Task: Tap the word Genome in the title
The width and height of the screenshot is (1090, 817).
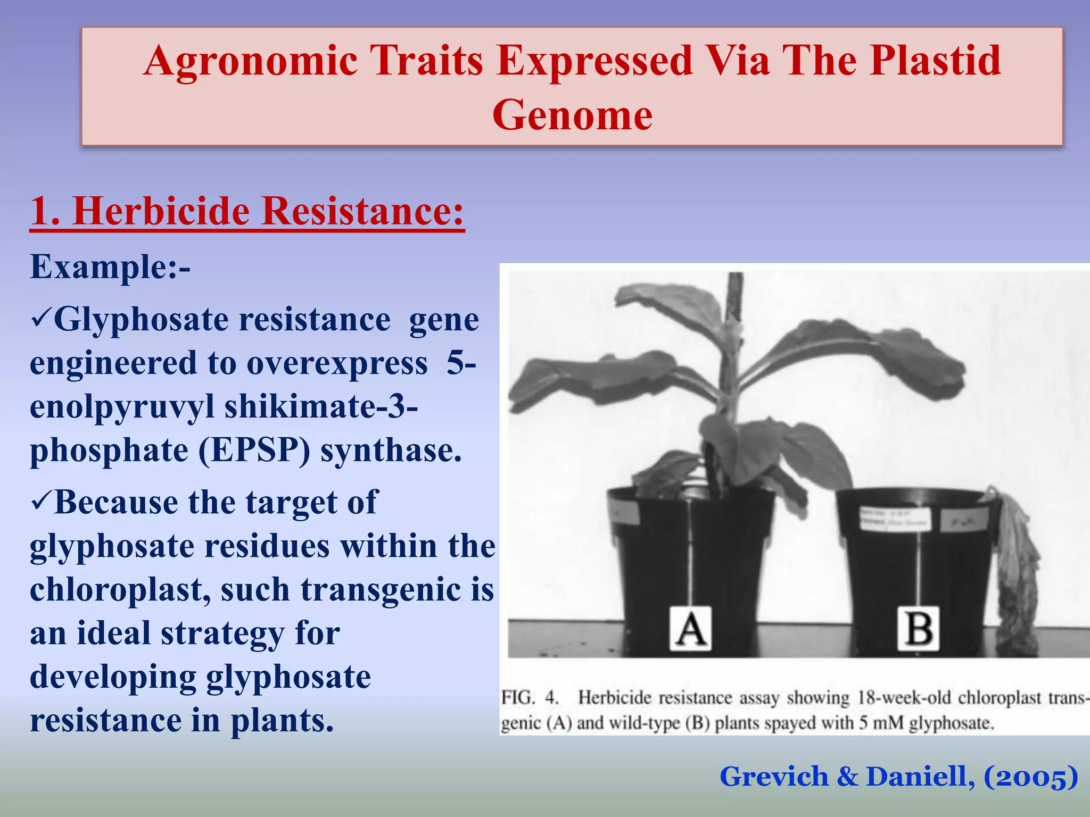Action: (x=572, y=115)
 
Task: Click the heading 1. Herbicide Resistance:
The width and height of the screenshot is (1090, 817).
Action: (x=247, y=212)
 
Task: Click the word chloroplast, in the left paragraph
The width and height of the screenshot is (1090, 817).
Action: (x=120, y=590)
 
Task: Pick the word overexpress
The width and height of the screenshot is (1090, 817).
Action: (x=337, y=364)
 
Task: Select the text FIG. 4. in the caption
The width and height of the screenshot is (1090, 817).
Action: (x=530, y=697)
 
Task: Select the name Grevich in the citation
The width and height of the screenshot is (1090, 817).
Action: (x=774, y=777)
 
